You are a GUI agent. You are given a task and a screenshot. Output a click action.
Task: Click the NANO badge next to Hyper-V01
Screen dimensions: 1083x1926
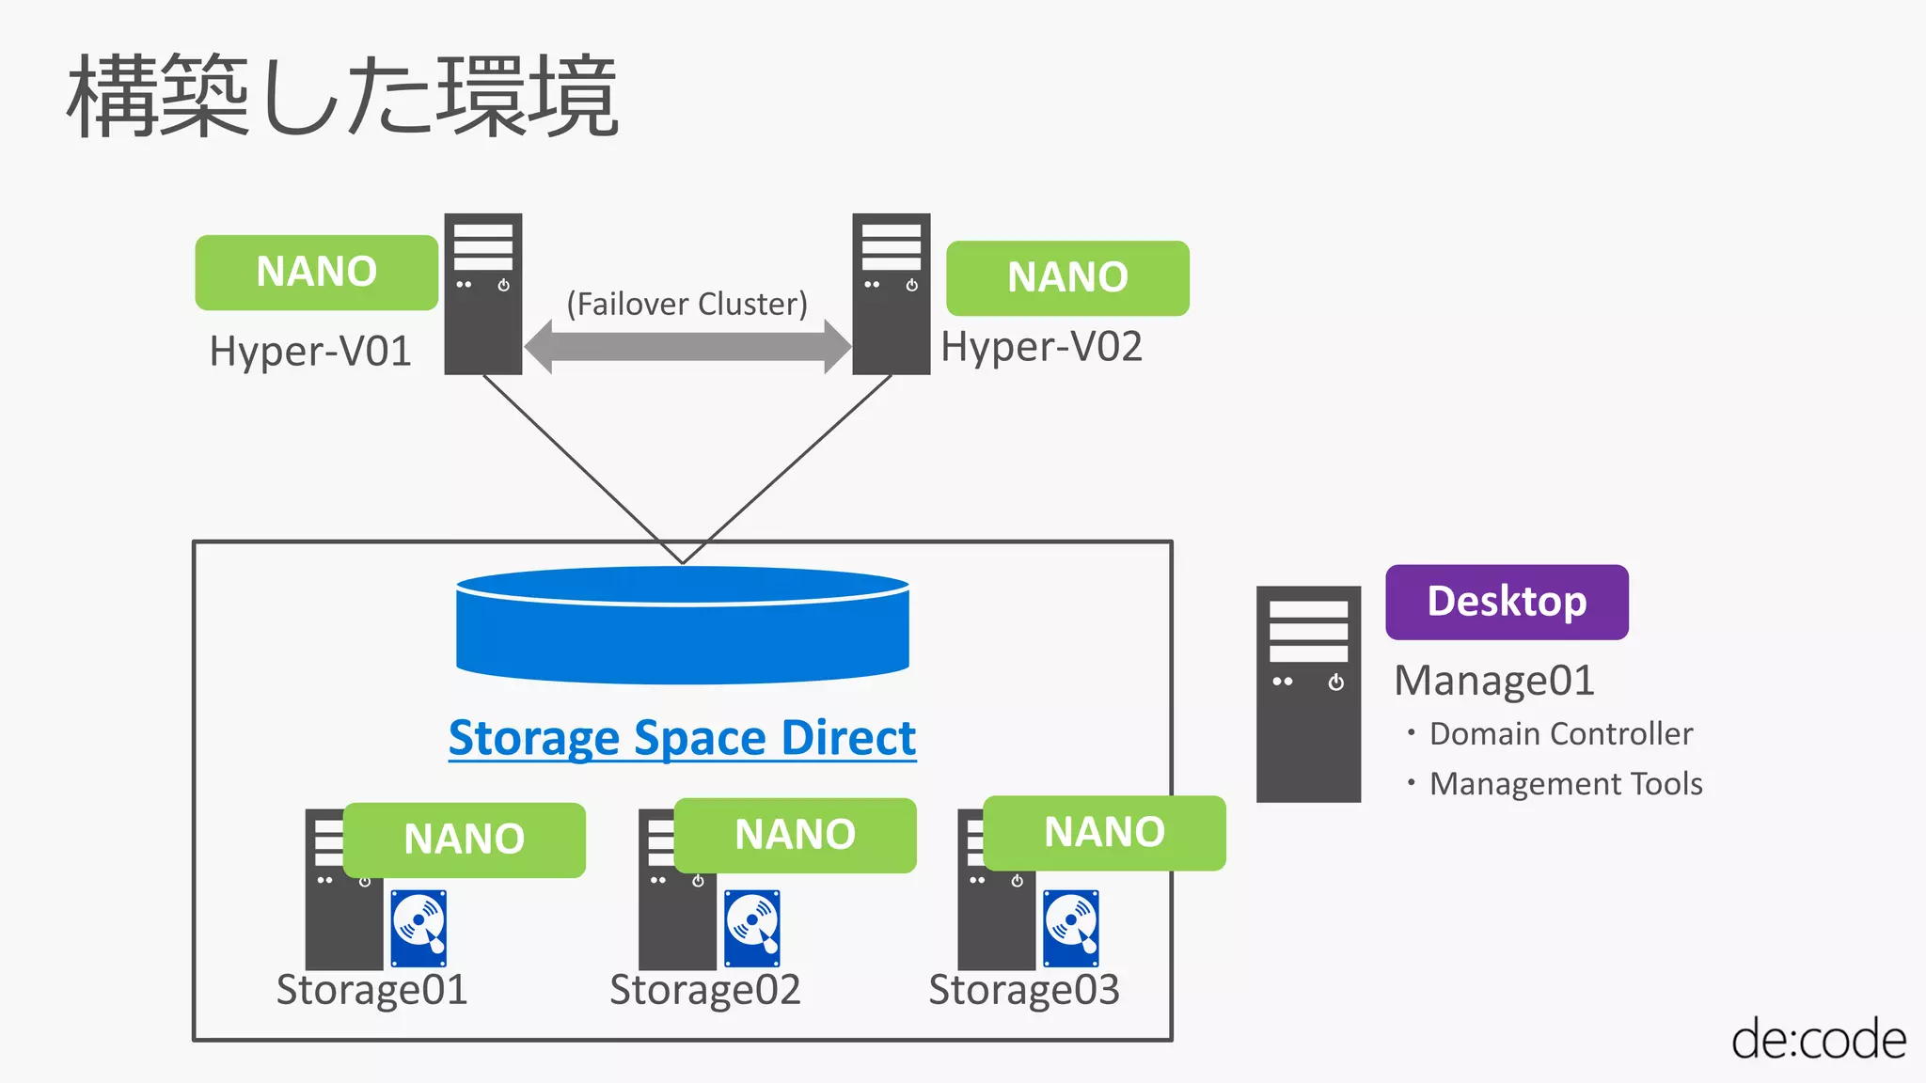click(316, 273)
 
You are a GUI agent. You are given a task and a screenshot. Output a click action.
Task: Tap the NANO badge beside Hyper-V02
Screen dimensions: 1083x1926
click(1067, 278)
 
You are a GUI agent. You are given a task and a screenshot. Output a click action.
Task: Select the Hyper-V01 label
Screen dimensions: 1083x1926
click(310, 352)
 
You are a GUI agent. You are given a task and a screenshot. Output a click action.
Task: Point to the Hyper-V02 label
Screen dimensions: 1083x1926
click(1041, 347)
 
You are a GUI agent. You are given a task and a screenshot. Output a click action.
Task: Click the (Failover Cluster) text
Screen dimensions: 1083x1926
click(687, 305)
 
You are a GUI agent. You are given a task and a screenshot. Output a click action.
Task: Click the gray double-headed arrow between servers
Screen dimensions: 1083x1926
click(687, 346)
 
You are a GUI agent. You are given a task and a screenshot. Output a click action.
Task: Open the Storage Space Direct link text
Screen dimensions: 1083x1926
click(682, 738)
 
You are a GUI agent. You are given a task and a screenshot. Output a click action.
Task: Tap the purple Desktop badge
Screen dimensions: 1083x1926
click(1507, 602)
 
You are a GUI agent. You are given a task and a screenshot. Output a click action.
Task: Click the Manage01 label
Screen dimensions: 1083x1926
click(1493, 681)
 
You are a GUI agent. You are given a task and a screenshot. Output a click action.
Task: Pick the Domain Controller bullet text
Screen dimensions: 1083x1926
click(1560, 734)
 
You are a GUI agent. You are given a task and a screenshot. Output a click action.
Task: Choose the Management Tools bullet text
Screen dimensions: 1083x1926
click(1565, 784)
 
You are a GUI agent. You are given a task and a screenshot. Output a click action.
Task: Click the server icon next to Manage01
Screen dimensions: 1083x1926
click(1308, 694)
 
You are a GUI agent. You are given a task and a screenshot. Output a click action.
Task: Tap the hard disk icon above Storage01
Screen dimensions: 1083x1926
click(418, 928)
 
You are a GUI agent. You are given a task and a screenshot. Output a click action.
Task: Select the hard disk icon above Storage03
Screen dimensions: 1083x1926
click(1071, 928)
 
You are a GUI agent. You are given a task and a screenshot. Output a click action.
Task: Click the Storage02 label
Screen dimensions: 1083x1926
click(704, 990)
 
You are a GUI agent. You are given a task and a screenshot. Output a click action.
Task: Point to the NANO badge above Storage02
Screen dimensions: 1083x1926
click(795, 835)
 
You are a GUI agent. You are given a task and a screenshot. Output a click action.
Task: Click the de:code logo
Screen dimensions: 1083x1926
click(1818, 1040)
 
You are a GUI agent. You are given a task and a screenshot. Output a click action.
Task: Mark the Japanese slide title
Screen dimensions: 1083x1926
click(342, 96)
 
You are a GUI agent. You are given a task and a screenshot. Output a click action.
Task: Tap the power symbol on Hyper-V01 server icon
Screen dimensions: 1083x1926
click(504, 285)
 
